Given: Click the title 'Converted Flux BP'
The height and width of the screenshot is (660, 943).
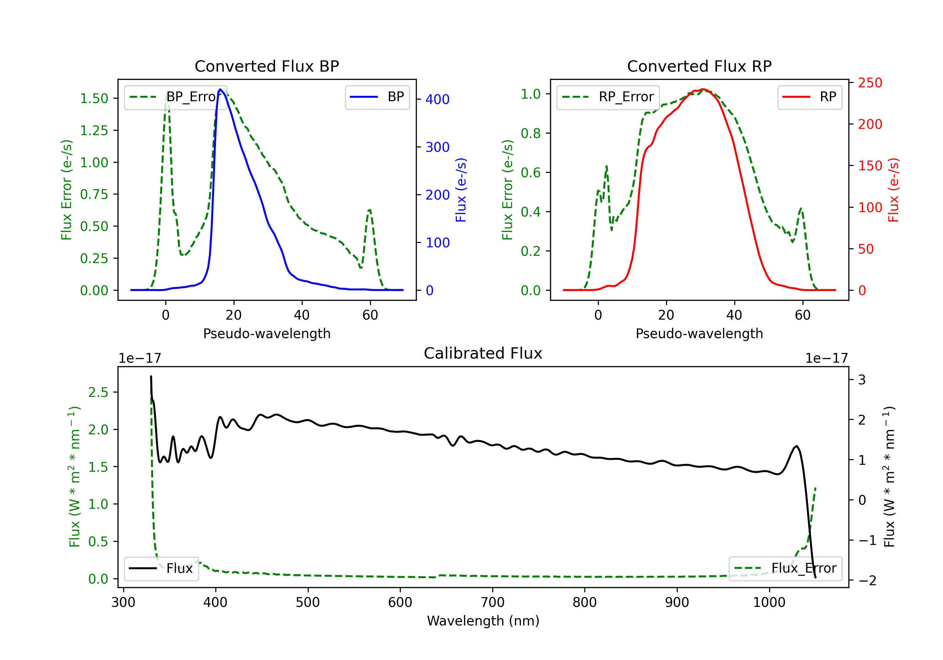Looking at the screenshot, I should tap(267, 66).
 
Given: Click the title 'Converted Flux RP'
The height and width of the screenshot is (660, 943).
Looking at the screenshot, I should tap(699, 66).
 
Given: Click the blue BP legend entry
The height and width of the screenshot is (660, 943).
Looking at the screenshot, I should tap(377, 97).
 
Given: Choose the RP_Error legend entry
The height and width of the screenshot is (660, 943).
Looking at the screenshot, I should tap(608, 97).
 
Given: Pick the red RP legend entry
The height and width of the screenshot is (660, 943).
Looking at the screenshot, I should tap(809, 97).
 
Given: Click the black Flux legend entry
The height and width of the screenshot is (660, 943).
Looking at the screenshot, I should tap(161, 569).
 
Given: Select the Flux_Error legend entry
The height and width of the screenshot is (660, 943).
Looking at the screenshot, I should tap(785, 569).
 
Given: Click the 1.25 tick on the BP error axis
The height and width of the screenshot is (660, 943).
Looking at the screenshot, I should tap(94, 131).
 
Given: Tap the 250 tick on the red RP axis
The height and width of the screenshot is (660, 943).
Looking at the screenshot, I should tap(870, 83).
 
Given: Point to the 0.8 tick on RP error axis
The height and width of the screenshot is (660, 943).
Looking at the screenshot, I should tap(530, 133).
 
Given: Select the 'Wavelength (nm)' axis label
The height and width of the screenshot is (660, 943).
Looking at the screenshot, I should tap(483, 621).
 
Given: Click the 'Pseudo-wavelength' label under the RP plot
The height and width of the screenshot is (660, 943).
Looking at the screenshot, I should tap(699, 333).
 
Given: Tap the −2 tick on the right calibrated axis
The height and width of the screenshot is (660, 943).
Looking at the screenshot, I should tap(867, 580).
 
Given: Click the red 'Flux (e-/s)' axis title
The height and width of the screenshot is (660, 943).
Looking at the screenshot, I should tap(893, 190).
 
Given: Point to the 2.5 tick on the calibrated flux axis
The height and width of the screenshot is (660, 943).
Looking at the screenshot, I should tap(98, 392).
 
